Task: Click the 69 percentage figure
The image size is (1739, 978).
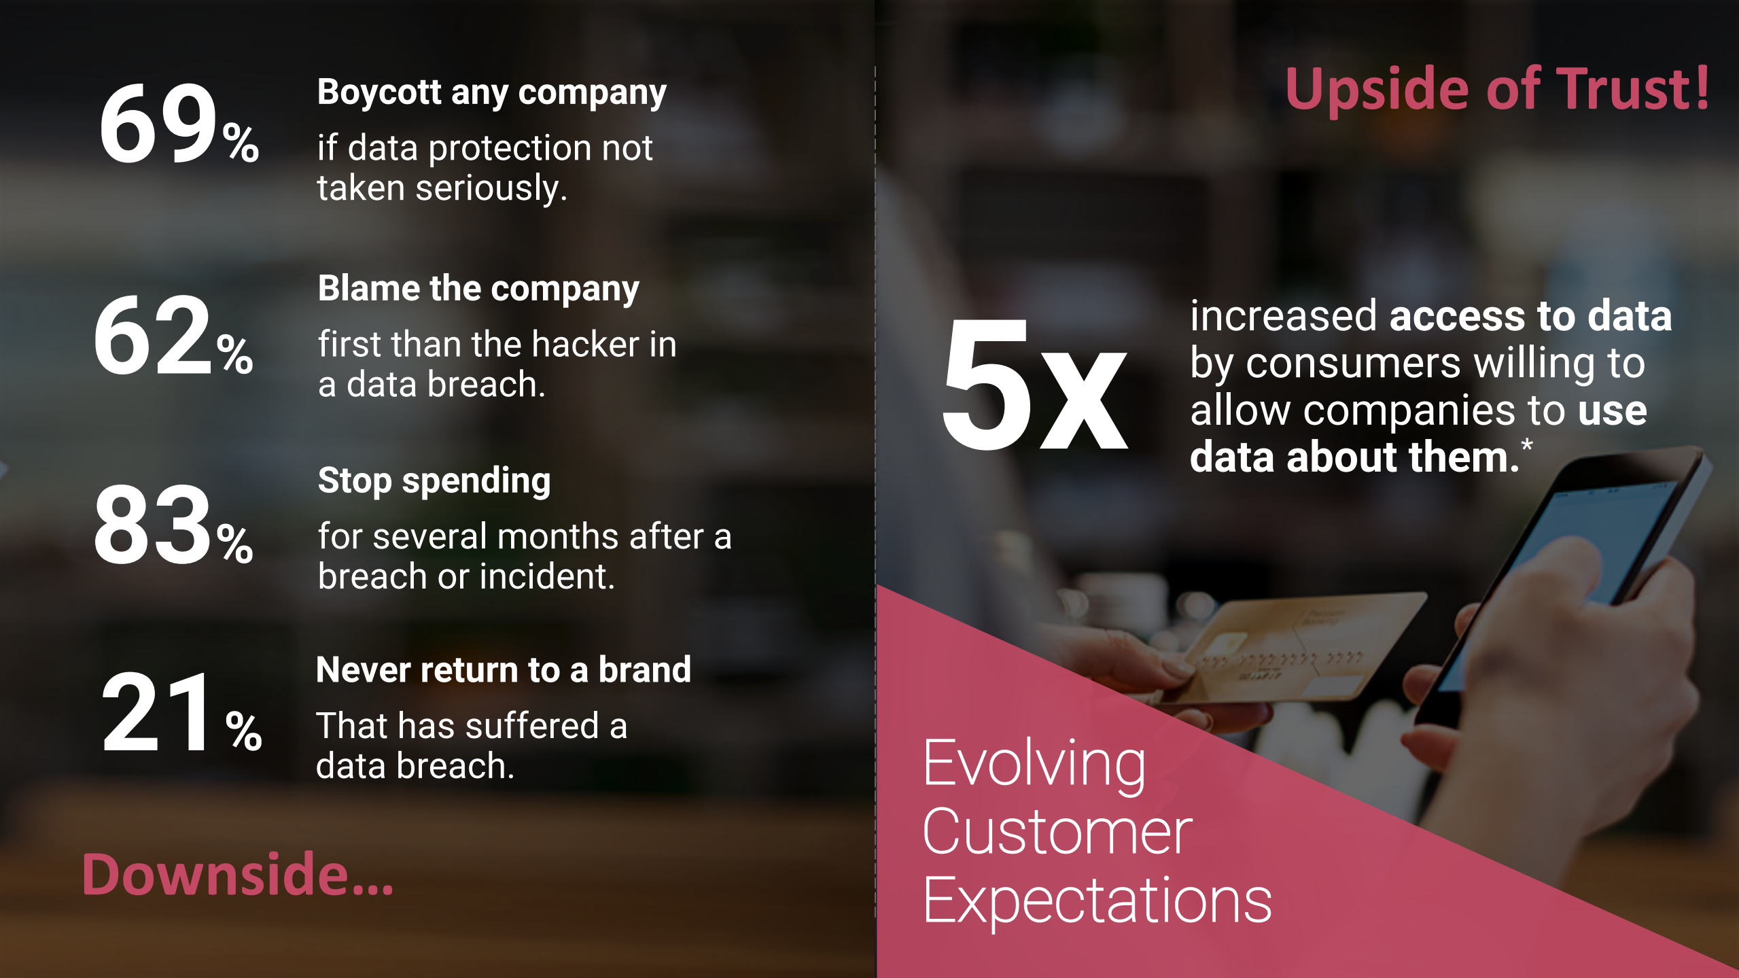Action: pyautogui.click(x=179, y=124)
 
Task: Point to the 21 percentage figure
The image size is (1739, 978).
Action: pyautogui.click(x=181, y=712)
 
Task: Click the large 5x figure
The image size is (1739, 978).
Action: pyautogui.click(x=1034, y=385)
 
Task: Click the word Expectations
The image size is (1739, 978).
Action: pyautogui.click(x=1097, y=901)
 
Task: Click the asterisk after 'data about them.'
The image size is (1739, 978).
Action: pyautogui.click(x=1527, y=446)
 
